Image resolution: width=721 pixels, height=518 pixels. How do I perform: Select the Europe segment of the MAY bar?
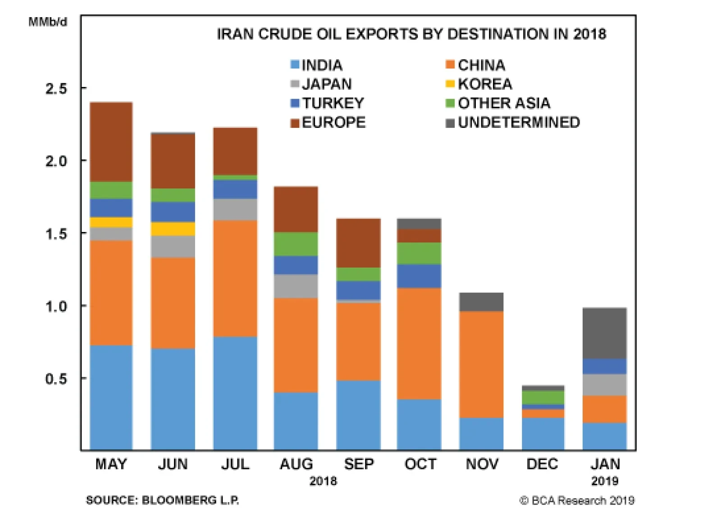(111, 142)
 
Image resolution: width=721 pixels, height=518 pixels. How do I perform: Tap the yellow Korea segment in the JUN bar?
(173, 229)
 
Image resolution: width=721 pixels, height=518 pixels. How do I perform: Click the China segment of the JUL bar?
(235, 278)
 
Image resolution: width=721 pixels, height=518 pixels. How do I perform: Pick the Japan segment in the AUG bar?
(296, 286)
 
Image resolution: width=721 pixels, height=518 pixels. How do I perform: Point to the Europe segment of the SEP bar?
(358, 243)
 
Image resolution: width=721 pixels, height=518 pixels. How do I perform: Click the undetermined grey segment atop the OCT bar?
(419, 224)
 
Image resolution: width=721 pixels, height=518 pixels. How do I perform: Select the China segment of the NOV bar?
(481, 364)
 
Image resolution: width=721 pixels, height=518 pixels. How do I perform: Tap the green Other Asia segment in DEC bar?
(543, 397)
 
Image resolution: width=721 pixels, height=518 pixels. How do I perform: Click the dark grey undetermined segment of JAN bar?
(604, 333)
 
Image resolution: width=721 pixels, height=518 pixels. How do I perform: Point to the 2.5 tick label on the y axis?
(56, 89)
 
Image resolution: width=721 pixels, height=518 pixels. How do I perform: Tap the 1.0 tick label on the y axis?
(56, 307)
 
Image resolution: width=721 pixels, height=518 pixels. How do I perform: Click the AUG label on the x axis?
(296, 464)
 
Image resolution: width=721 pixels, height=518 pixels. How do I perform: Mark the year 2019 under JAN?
(604, 481)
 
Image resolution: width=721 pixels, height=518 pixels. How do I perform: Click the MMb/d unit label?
(48, 22)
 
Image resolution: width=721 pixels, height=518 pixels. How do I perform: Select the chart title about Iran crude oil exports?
(411, 34)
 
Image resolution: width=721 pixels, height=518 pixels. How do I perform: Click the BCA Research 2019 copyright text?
(577, 500)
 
